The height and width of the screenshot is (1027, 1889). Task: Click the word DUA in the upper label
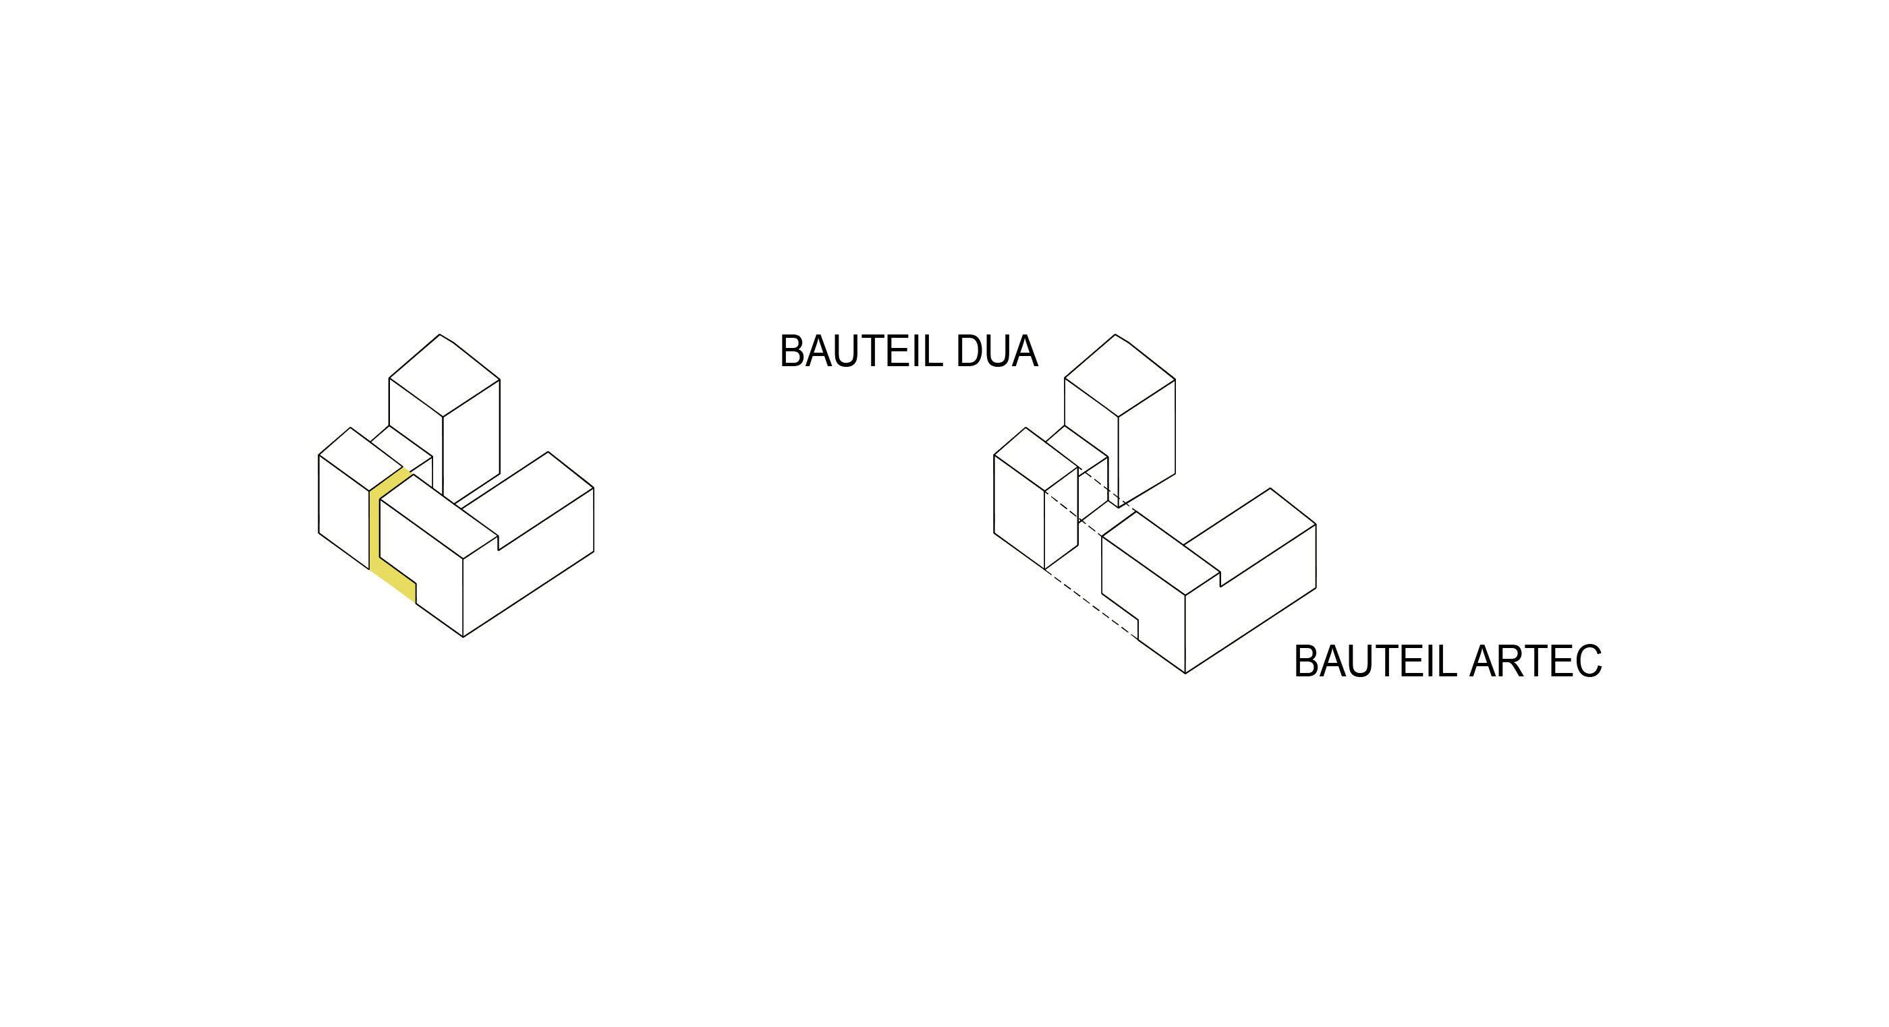996,352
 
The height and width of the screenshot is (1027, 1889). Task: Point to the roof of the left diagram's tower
445,376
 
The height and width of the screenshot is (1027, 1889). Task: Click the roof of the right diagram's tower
1120,376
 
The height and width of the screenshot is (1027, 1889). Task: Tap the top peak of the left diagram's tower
440,335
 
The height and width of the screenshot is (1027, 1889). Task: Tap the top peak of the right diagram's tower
1115,335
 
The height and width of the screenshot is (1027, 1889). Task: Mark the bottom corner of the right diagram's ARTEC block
1186,673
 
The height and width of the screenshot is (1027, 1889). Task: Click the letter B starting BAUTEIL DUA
791,352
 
